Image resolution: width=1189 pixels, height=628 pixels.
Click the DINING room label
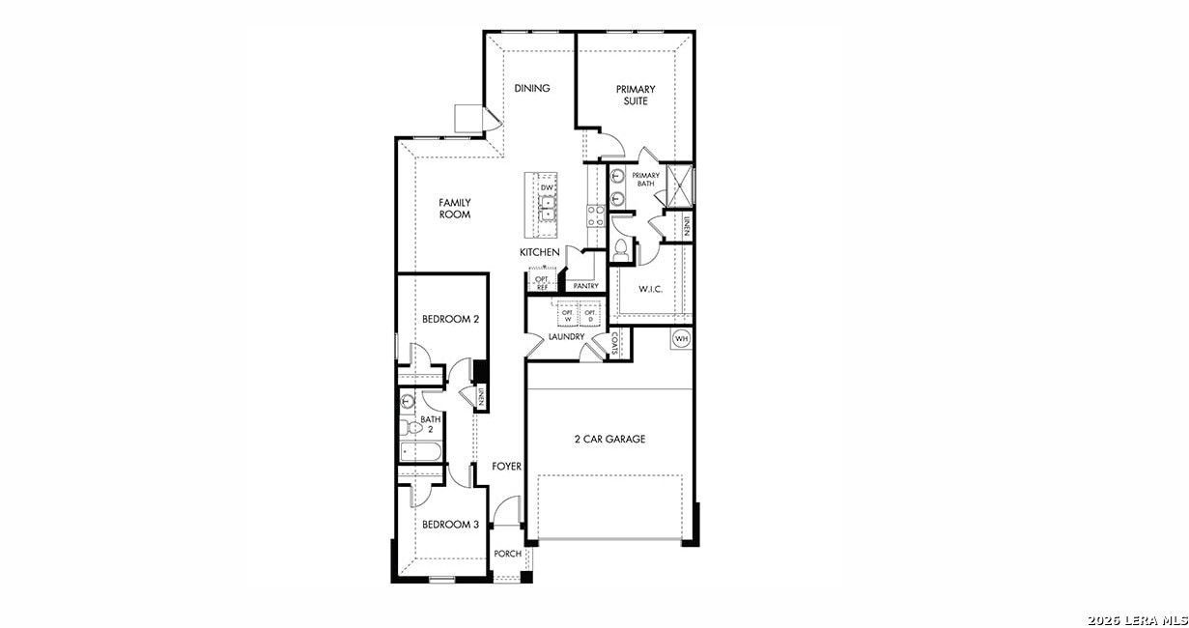pos(531,89)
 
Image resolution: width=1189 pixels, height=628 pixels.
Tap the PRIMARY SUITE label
pos(636,95)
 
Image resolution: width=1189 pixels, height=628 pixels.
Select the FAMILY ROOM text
pos(454,209)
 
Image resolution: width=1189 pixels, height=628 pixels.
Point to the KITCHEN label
pos(539,252)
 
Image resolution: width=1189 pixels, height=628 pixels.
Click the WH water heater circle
pos(681,338)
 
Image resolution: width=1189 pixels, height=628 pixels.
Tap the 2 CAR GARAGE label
pos(609,440)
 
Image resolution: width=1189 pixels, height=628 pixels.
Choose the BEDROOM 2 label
pos(450,319)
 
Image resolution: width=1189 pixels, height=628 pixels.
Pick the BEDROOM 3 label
pos(450,525)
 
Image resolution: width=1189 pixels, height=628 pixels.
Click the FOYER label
pos(506,467)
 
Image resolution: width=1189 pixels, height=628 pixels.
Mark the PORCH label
pos(507,554)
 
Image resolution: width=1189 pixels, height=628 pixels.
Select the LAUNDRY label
pos(566,337)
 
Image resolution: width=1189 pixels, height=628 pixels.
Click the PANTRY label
pos(585,286)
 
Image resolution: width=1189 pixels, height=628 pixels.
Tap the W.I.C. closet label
pos(649,289)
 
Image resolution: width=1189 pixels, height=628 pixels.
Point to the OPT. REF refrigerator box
pos(541,283)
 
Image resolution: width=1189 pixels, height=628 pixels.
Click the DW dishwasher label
pos(547,187)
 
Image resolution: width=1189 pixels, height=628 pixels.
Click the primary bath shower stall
pos(680,184)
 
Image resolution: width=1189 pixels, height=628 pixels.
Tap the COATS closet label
pos(615,343)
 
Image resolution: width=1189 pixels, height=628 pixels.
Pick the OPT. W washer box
pos(567,316)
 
